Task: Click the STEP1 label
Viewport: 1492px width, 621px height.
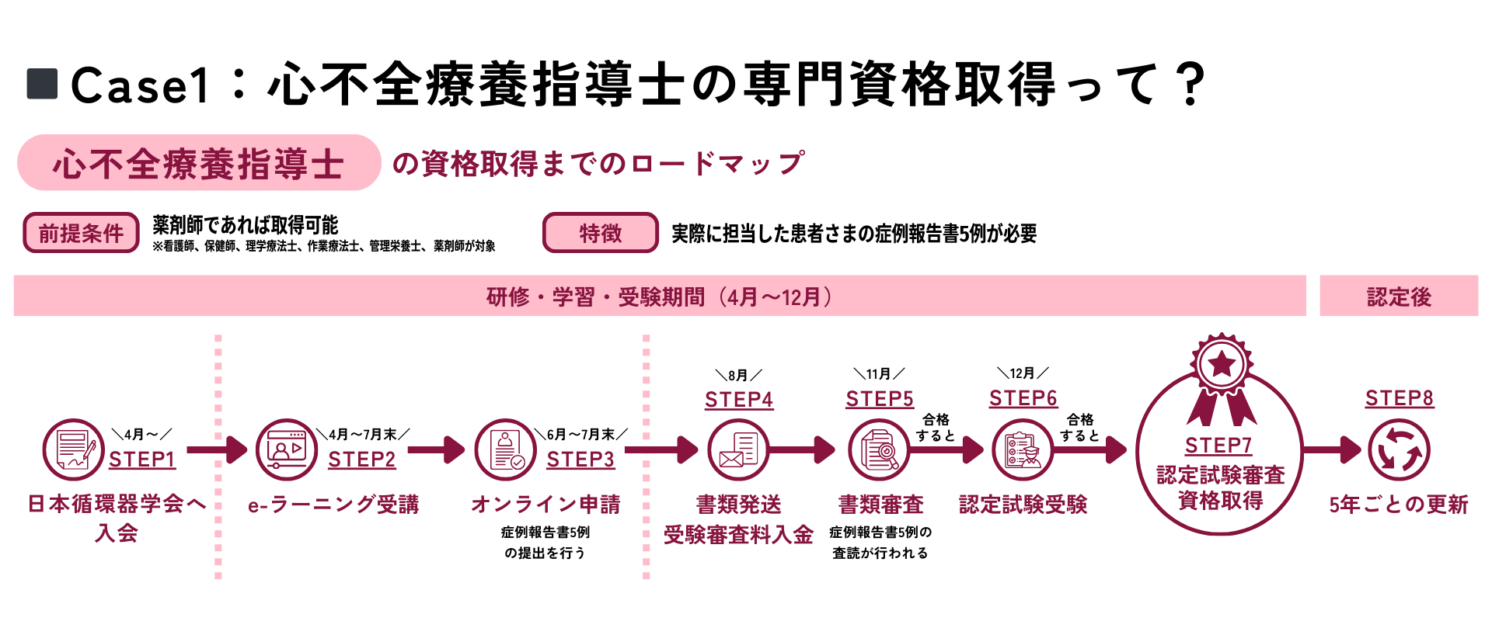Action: (x=141, y=460)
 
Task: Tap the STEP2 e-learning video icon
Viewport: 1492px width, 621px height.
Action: (x=286, y=449)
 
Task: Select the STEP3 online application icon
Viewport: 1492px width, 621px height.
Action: (x=505, y=449)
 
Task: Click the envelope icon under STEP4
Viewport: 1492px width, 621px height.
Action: (x=738, y=449)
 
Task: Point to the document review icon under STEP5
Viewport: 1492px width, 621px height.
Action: (x=879, y=449)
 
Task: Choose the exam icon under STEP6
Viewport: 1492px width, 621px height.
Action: (x=1023, y=449)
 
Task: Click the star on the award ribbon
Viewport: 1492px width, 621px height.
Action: (x=1222, y=363)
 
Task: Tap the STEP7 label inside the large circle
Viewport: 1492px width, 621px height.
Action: (x=1218, y=446)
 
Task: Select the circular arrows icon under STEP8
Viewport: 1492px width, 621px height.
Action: (x=1399, y=449)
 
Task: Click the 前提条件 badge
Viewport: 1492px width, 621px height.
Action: (x=81, y=233)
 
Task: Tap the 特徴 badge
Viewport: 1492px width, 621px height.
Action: (x=600, y=233)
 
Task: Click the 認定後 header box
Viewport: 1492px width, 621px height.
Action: (x=1399, y=296)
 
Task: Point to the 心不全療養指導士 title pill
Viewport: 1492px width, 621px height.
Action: (x=199, y=163)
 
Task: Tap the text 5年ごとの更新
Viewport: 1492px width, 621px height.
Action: (x=1399, y=505)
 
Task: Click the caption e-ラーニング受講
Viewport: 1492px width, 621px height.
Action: (x=333, y=505)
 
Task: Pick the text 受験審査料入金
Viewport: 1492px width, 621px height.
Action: (x=738, y=534)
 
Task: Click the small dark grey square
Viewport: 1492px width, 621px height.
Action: (x=42, y=84)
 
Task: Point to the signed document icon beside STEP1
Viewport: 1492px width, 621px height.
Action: (x=73, y=449)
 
